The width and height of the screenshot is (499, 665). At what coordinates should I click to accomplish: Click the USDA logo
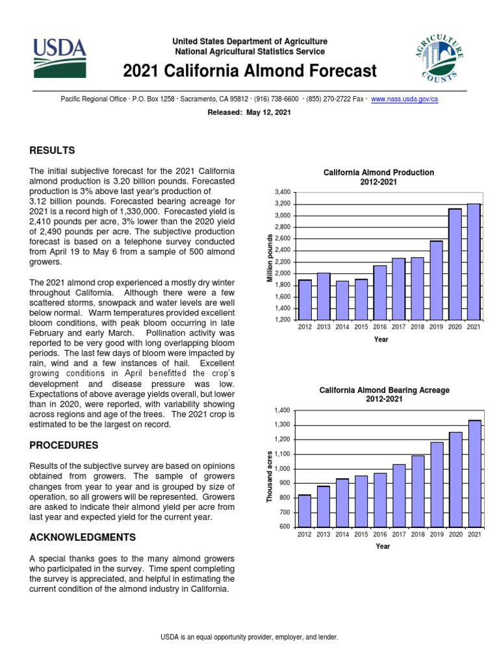(60, 56)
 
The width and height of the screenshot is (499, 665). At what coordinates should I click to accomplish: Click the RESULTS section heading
(52, 151)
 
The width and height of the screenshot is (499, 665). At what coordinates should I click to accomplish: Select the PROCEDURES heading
(64, 445)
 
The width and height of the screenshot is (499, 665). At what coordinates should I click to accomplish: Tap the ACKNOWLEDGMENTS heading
(83, 537)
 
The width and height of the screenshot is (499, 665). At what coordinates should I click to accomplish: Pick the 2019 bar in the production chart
(436, 279)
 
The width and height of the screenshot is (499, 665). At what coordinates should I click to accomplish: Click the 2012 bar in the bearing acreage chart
(304, 510)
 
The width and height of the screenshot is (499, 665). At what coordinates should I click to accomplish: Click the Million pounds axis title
(270, 259)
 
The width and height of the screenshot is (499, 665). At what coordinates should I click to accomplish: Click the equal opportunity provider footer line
(249, 638)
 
